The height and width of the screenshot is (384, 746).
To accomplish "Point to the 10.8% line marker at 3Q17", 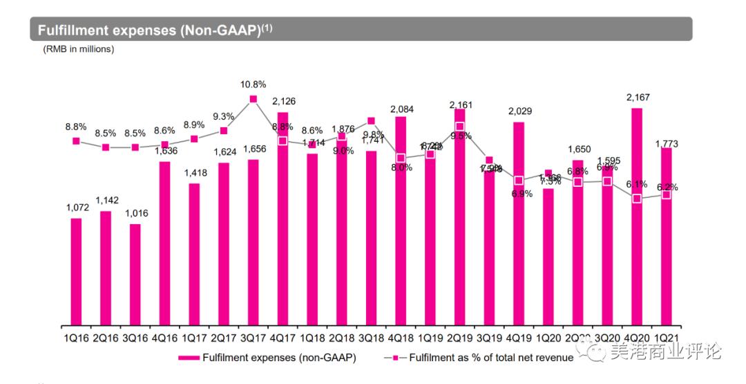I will click(254, 100).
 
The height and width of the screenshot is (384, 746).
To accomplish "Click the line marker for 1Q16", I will click(76, 141).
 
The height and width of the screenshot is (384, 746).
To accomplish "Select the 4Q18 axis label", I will click(401, 338).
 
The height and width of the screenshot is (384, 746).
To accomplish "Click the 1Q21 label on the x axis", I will click(666, 338).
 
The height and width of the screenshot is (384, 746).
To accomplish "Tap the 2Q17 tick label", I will click(223, 338).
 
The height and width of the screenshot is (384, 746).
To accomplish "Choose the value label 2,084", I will click(401, 109).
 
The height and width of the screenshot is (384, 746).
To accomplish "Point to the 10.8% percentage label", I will click(254, 84).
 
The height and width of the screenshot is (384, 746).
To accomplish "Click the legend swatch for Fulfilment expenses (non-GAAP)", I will click(189, 358).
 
